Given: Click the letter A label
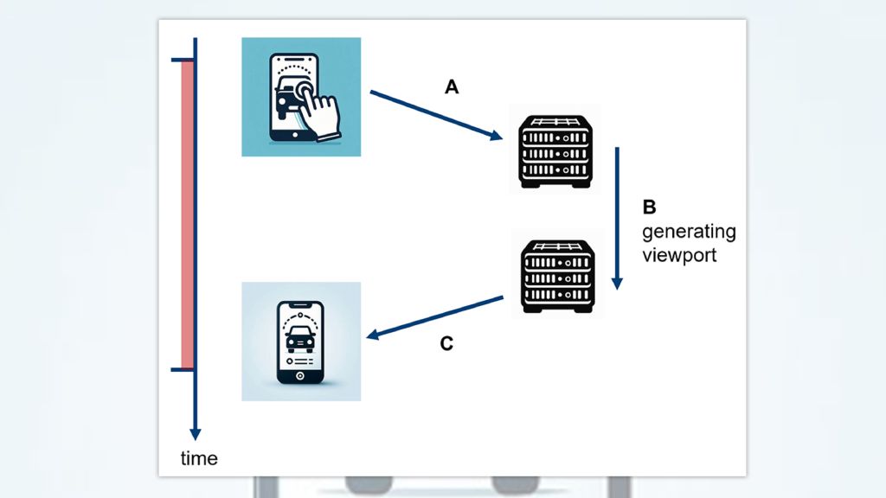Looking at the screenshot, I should (x=451, y=86).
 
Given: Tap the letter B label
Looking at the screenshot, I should (x=650, y=207).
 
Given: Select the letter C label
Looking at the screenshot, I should (x=446, y=344).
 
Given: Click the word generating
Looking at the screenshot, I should (x=689, y=233).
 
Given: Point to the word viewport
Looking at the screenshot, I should (x=679, y=256).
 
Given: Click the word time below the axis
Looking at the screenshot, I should (x=199, y=458).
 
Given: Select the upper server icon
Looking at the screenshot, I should (x=555, y=152).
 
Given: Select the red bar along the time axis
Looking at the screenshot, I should (x=186, y=214).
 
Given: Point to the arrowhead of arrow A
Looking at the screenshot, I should (x=497, y=136).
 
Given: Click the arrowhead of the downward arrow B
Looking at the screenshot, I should (x=617, y=283).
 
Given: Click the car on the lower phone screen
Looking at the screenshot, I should (x=299, y=338).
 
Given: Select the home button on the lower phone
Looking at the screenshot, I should (x=299, y=376).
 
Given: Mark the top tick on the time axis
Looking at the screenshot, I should (x=183, y=61).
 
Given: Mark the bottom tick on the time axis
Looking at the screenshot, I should (x=183, y=370).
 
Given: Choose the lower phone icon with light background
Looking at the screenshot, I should (x=300, y=342).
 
